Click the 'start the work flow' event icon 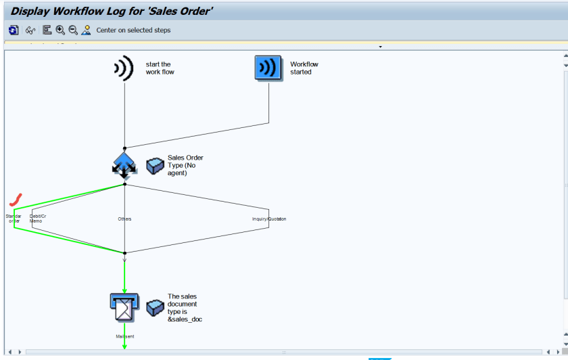point(123,68)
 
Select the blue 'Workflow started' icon point(268,68)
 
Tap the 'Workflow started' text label point(304,68)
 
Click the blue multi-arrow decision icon point(124,165)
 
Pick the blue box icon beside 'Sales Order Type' point(155,166)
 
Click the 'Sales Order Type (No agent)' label point(185,165)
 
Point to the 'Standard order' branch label point(14,219)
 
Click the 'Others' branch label point(124,219)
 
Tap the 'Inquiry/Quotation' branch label point(269,219)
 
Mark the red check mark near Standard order point(16,200)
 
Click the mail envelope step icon point(124,307)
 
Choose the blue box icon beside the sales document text point(155,308)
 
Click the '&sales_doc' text point(185,319)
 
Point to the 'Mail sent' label point(124,336)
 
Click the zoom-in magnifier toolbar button point(60,30)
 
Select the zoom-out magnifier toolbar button point(73,30)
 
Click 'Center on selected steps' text point(133,30)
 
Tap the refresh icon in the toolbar point(14,30)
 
